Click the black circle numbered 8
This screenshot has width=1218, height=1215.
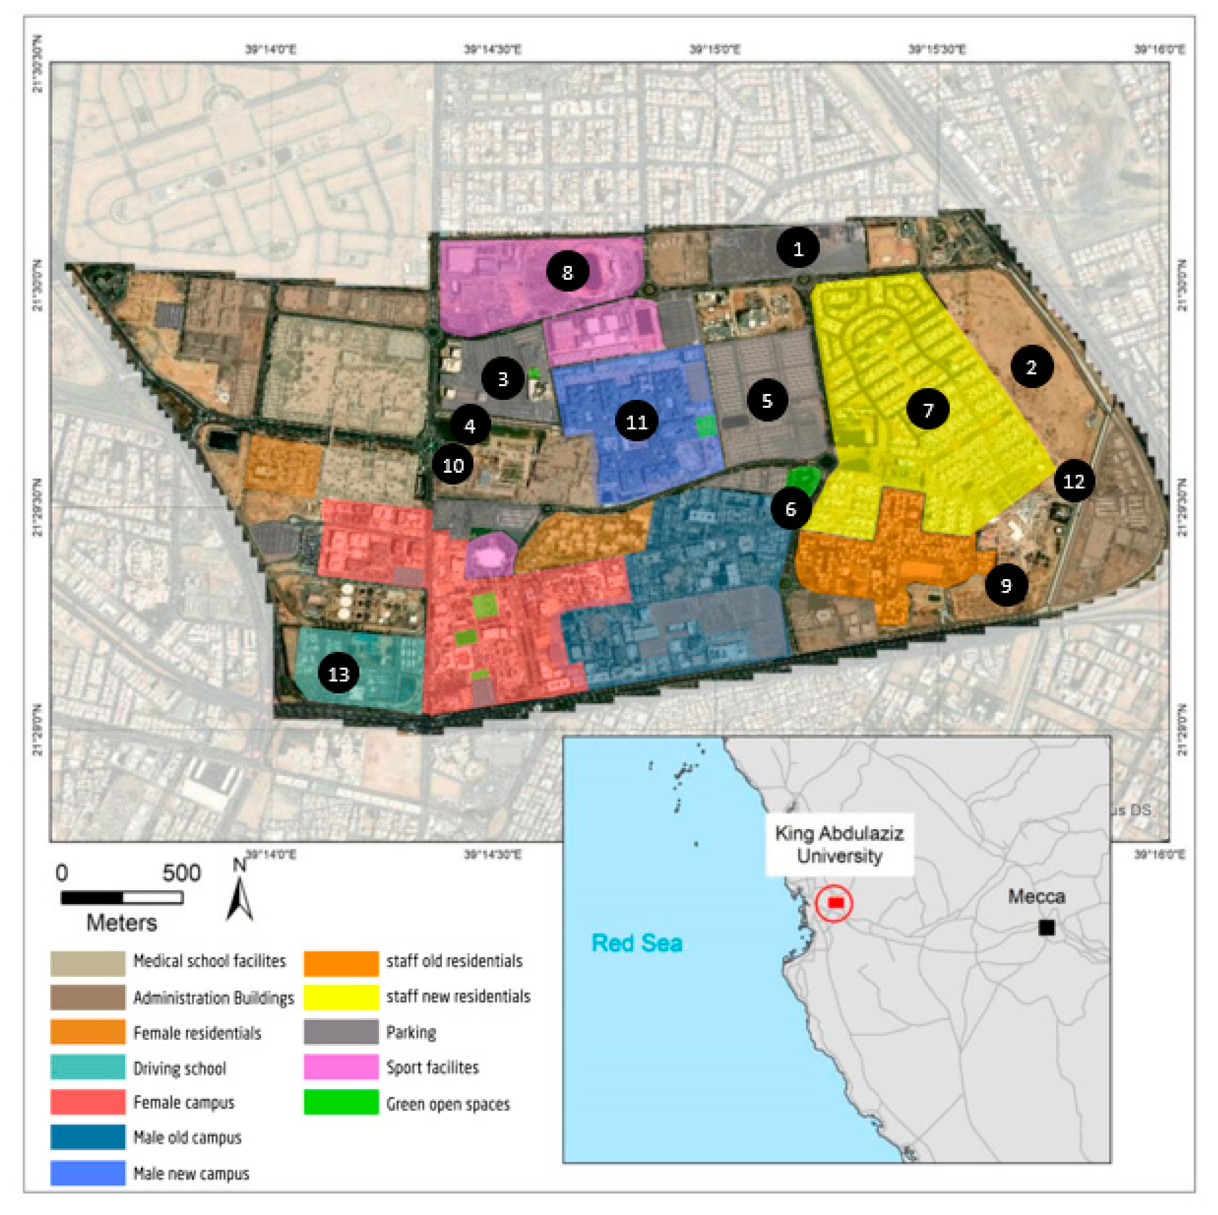click(x=568, y=272)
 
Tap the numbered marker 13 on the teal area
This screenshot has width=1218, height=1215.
click(x=339, y=674)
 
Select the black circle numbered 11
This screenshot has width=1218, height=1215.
click(x=637, y=421)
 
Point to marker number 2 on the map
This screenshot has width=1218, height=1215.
click(x=1031, y=367)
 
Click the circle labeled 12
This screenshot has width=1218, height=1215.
click(x=1074, y=481)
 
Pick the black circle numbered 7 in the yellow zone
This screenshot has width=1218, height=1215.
click(x=928, y=410)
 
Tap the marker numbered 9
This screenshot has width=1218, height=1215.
click(x=1006, y=586)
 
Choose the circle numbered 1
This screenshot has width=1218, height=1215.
click(x=798, y=248)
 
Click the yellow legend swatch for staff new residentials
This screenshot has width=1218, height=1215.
click(x=341, y=997)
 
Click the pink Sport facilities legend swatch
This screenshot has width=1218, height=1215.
click(x=341, y=1067)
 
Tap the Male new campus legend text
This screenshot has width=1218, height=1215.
click(x=191, y=1174)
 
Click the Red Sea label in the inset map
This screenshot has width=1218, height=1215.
click(x=637, y=943)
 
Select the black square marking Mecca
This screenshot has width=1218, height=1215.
click(x=1046, y=928)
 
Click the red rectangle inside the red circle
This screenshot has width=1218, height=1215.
click(x=836, y=903)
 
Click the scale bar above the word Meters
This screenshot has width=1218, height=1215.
click(x=121, y=897)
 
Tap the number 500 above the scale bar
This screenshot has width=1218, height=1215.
click(x=181, y=873)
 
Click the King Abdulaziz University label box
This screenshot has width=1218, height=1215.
click(x=839, y=845)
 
